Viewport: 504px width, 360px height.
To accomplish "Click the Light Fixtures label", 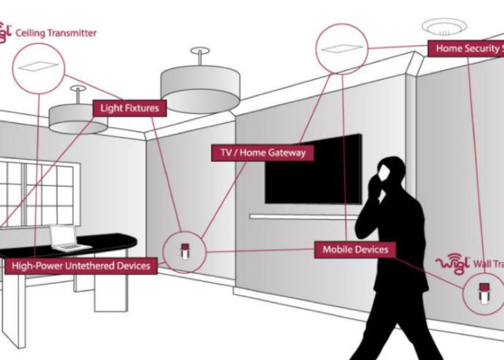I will [130, 107].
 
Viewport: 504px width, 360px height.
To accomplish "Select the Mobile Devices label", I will [355, 249].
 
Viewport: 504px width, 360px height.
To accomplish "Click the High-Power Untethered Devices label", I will [81, 266].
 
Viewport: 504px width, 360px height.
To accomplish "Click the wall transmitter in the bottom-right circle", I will [481, 293].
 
